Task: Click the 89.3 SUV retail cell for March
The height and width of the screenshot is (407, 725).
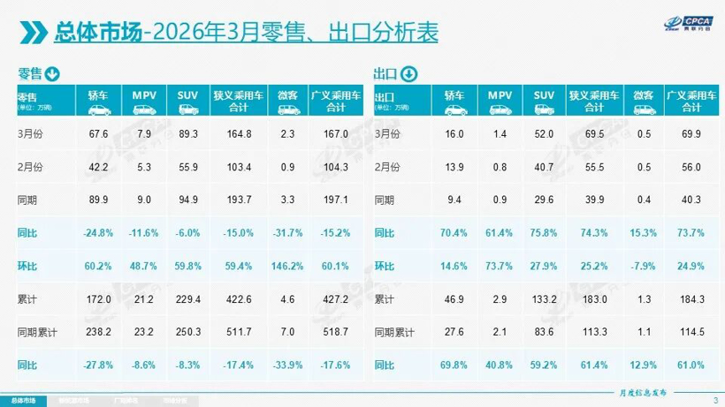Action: (187, 133)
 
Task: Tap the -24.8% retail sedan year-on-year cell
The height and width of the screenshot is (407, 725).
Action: (98, 234)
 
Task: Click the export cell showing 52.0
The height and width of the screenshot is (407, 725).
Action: (544, 133)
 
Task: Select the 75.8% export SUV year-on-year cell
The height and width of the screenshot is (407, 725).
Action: (544, 234)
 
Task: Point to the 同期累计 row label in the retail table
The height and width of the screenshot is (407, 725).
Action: (37, 331)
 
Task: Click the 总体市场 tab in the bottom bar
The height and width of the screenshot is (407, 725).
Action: (24, 399)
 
